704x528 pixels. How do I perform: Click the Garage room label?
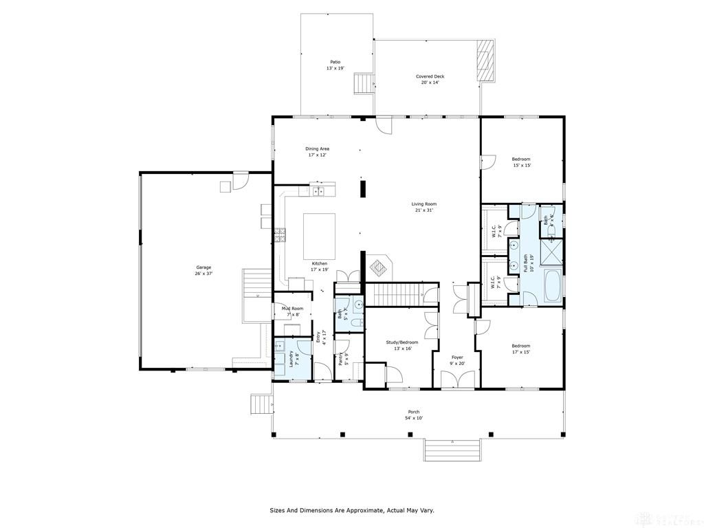(203, 271)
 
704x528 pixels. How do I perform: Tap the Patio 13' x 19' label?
(335, 65)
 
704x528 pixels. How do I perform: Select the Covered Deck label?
(430, 79)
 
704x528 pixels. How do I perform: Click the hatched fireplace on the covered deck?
(485, 60)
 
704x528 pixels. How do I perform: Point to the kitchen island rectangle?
(320, 235)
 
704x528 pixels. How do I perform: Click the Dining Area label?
(317, 152)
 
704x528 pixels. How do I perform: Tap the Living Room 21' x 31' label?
(424, 207)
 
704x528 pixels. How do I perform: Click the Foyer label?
(457, 360)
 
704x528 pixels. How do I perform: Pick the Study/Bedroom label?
(401, 345)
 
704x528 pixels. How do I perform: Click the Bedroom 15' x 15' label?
(521, 162)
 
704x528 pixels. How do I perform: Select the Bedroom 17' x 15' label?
(520, 349)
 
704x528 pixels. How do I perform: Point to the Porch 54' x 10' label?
(413, 415)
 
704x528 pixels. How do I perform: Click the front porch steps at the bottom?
(452, 450)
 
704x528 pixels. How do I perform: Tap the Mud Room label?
(292, 311)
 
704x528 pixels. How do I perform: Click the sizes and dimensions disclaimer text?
(351, 511)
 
